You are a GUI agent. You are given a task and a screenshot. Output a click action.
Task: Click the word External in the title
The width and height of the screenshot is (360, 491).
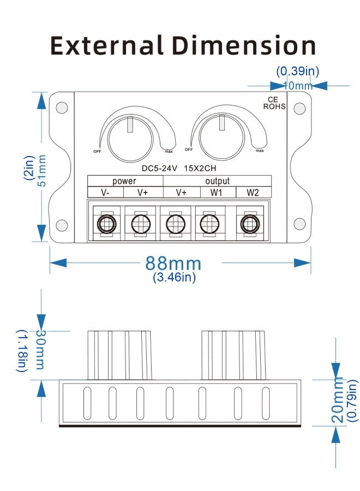[x=106, y=46]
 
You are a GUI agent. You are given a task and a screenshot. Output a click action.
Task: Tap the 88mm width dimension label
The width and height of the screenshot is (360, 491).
[x=173, y=264]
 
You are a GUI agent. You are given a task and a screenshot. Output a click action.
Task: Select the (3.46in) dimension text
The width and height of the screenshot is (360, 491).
[x=174, y=277]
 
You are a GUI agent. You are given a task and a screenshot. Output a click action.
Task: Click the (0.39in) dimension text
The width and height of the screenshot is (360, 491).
[x=297, y=71]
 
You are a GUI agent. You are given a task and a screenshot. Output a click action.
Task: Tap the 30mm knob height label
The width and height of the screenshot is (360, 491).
[x=40, y=349]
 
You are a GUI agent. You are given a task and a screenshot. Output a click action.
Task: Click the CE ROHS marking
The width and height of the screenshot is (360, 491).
[x=274, y=103]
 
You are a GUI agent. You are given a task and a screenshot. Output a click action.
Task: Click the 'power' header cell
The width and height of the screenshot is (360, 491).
[x=124, y=181]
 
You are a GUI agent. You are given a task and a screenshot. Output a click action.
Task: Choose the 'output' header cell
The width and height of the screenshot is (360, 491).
[x=217, y=181]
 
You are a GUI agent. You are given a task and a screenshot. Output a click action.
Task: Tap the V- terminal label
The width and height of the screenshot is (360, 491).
[x=106, y=193]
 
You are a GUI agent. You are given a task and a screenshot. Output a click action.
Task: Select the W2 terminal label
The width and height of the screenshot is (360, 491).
[x=252, y=193]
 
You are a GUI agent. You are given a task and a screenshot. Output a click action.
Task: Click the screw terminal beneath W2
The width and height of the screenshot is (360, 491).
[x=250, y=223]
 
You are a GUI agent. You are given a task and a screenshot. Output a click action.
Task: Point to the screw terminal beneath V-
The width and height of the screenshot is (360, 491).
[x=106, y=223]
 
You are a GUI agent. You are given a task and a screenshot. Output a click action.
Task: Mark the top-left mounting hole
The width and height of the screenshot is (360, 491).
[x=62, y=107]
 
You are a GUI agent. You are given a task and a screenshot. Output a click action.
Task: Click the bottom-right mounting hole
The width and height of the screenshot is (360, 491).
[x=298, y=224]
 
